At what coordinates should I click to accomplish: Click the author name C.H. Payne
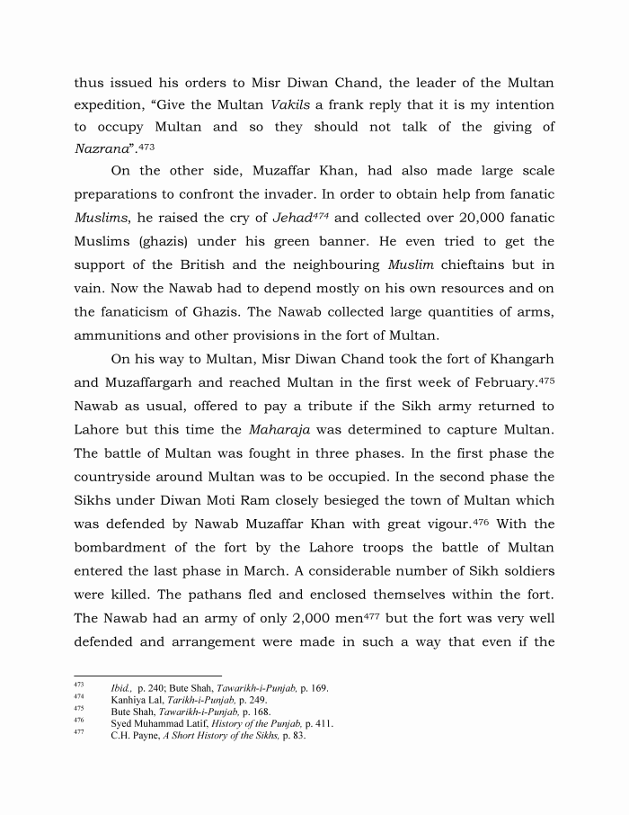click(133, 735)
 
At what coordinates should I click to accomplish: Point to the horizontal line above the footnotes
click(147, 675)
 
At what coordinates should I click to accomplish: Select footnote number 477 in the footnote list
click(78, 733)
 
